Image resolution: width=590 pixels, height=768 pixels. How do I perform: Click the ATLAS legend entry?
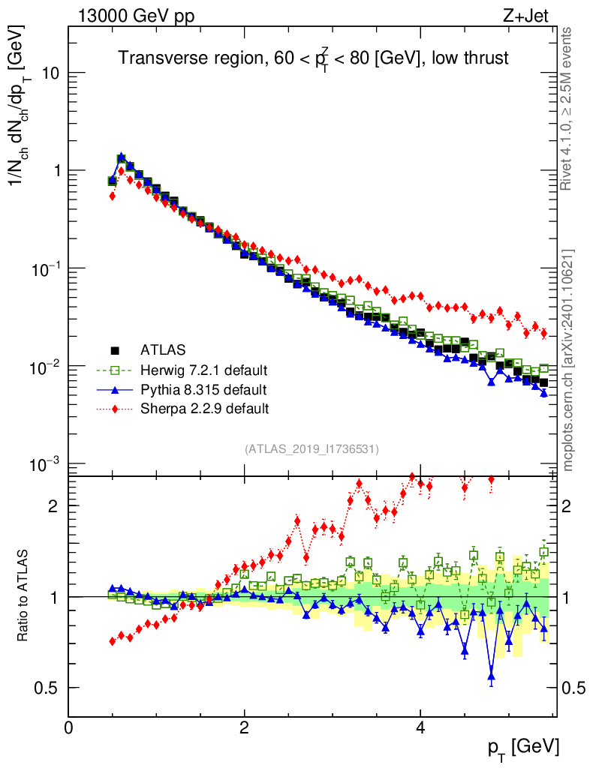[x=161, y=349]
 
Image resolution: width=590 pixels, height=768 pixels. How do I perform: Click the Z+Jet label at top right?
[x=527, y=16]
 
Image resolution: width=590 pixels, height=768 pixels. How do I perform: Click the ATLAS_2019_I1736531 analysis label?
[x=312, y=449]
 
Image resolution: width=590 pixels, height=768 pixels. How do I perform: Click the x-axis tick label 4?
[x=420, y=728]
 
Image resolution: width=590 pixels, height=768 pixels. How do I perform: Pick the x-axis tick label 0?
[x=68, y=728]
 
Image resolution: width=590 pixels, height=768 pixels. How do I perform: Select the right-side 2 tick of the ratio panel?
[x=573, y=505]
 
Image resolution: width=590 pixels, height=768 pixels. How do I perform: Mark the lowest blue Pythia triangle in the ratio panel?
[x=492, y=676]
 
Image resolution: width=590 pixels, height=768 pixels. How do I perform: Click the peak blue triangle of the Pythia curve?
[x=121, y=157]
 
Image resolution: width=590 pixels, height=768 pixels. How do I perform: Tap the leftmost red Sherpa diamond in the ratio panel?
[x=113, y=641]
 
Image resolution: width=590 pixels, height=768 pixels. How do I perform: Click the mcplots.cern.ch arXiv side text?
[x=568, y=360]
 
